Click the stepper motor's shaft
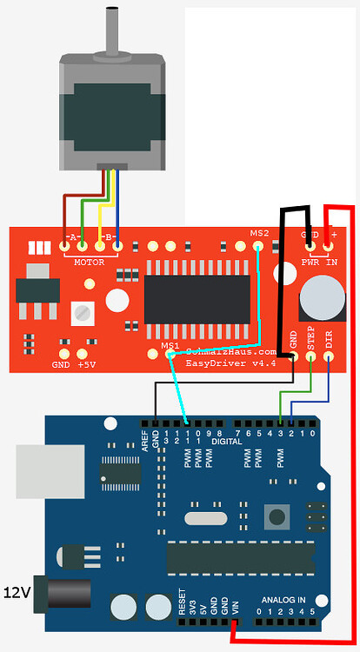[112, 30]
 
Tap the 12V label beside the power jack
[17, 591]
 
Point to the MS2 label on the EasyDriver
[259, 233]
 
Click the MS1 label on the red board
[170, 346]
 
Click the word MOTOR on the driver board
[89, 262]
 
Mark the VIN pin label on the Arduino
[236, 606]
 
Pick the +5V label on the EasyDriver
[85, 365]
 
